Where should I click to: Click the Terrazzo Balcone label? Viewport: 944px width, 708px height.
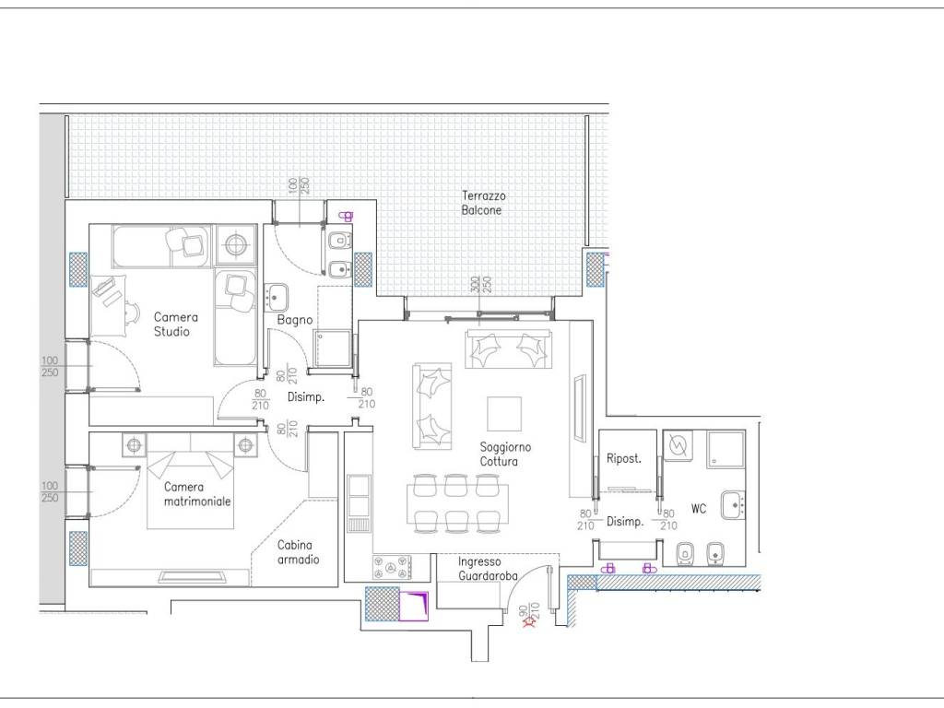(483, 203)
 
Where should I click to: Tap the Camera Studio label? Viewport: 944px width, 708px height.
(175, 324)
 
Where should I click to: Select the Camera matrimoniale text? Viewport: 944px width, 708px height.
(197, 494)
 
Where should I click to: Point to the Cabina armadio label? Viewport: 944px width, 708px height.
(298, 552)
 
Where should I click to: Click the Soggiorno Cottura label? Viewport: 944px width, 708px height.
(505, 454)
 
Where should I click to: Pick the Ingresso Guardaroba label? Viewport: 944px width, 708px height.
(488, 568)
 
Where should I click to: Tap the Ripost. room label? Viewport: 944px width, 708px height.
(624, 459)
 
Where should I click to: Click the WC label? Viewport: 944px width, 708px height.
(699, 509)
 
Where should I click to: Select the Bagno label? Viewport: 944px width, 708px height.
(294, 320)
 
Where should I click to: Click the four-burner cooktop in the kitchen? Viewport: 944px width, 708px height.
(392, 567)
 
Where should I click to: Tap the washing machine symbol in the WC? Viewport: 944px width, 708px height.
(678, 445)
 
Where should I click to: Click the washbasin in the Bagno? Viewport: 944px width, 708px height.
(277, 298)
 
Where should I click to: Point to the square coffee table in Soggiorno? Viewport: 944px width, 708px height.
(504, 414)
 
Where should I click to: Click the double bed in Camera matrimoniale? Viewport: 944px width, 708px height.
(190, 481)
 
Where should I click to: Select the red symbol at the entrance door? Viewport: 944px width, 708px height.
(530, 624)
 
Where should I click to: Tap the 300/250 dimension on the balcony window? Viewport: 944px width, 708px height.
(481, 284)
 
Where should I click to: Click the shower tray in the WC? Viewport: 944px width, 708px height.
(726, 448)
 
